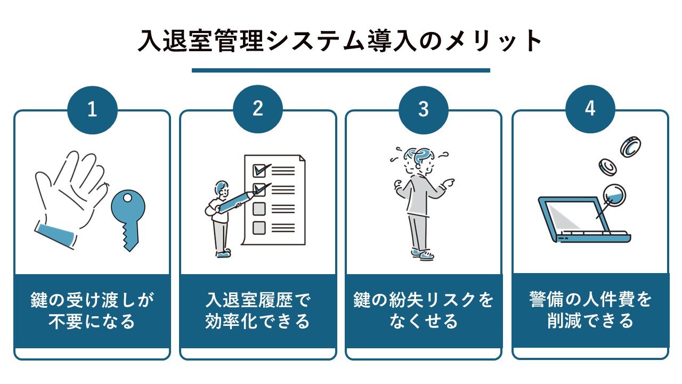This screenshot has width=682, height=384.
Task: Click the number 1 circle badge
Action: click(92, 110)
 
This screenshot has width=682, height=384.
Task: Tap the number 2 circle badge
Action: click(258, 109)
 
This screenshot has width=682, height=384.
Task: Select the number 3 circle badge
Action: click(424, 110)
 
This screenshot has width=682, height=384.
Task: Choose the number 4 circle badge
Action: click(590, 109)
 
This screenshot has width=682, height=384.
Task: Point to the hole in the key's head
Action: click(127, 198)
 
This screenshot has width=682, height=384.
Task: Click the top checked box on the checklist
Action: click(259, 171)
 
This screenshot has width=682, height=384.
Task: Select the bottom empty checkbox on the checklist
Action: click(259, 228)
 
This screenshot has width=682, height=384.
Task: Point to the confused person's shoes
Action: click(423, 254)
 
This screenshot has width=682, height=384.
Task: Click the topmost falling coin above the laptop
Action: click(630, 147)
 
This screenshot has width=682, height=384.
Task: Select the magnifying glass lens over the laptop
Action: click(614, 195)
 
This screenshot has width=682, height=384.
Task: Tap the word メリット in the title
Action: click(493, 41)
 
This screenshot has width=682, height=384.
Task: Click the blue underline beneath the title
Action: click(340, 70)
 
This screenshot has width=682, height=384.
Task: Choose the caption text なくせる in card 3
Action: click(424, 321)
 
